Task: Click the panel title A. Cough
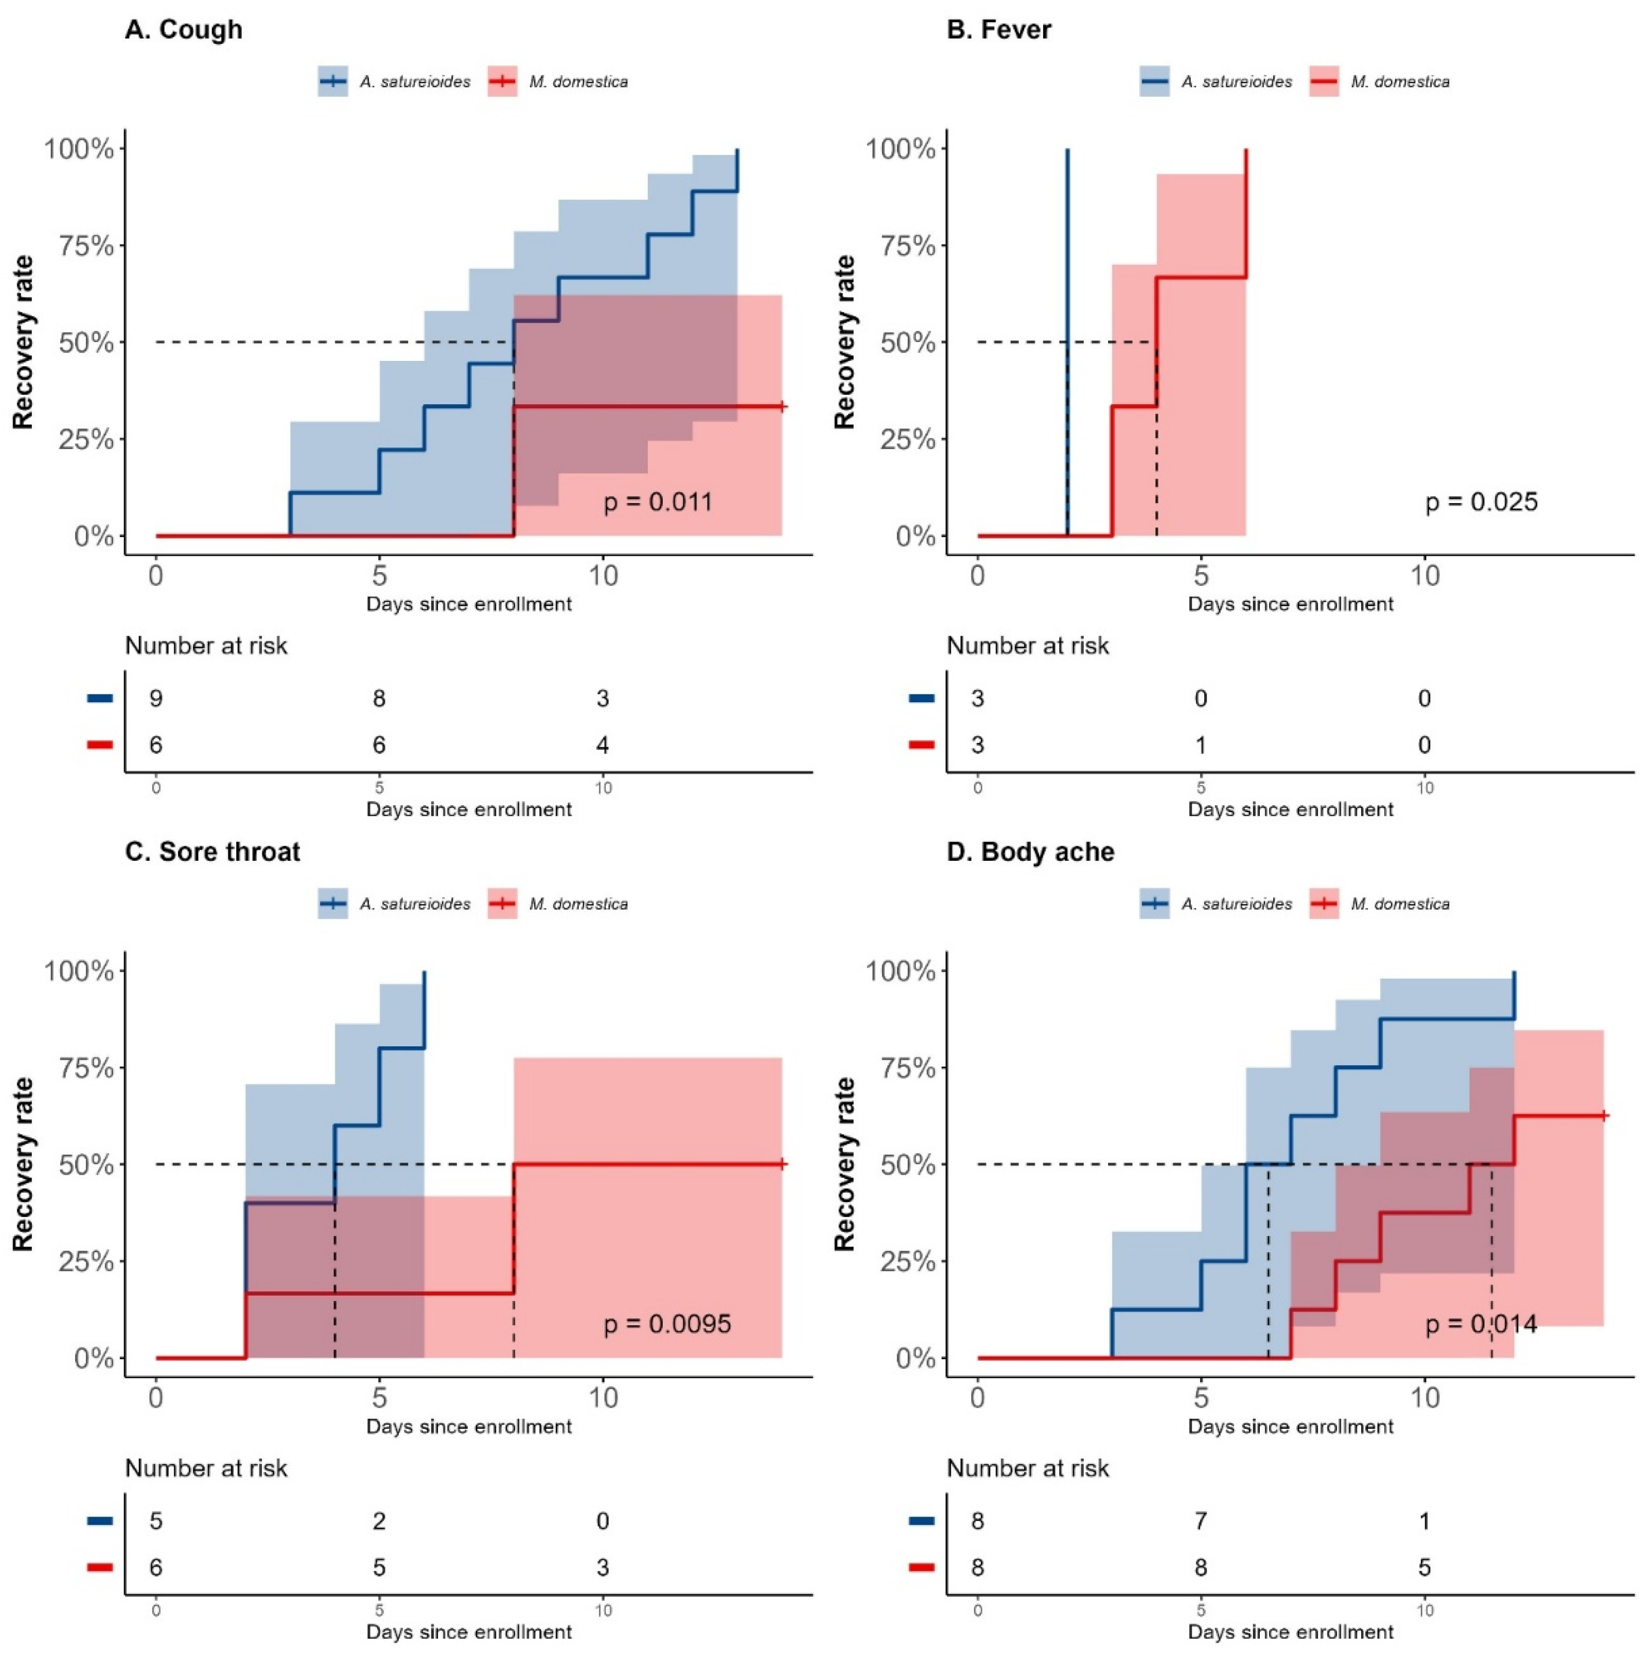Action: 183,30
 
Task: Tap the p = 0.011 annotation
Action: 658,501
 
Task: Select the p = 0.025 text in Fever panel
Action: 1481,501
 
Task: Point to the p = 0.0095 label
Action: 668,1324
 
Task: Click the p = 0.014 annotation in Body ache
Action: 1481,1324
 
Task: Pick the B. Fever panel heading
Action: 999,30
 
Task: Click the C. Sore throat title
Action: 212,852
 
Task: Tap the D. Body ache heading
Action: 1030,852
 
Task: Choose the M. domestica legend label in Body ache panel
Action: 1400,904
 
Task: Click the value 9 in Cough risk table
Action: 156,699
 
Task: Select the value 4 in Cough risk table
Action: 603,745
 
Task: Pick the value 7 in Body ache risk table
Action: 1201,1521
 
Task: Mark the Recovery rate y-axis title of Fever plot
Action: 845,342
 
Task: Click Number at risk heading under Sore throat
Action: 207,1468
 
